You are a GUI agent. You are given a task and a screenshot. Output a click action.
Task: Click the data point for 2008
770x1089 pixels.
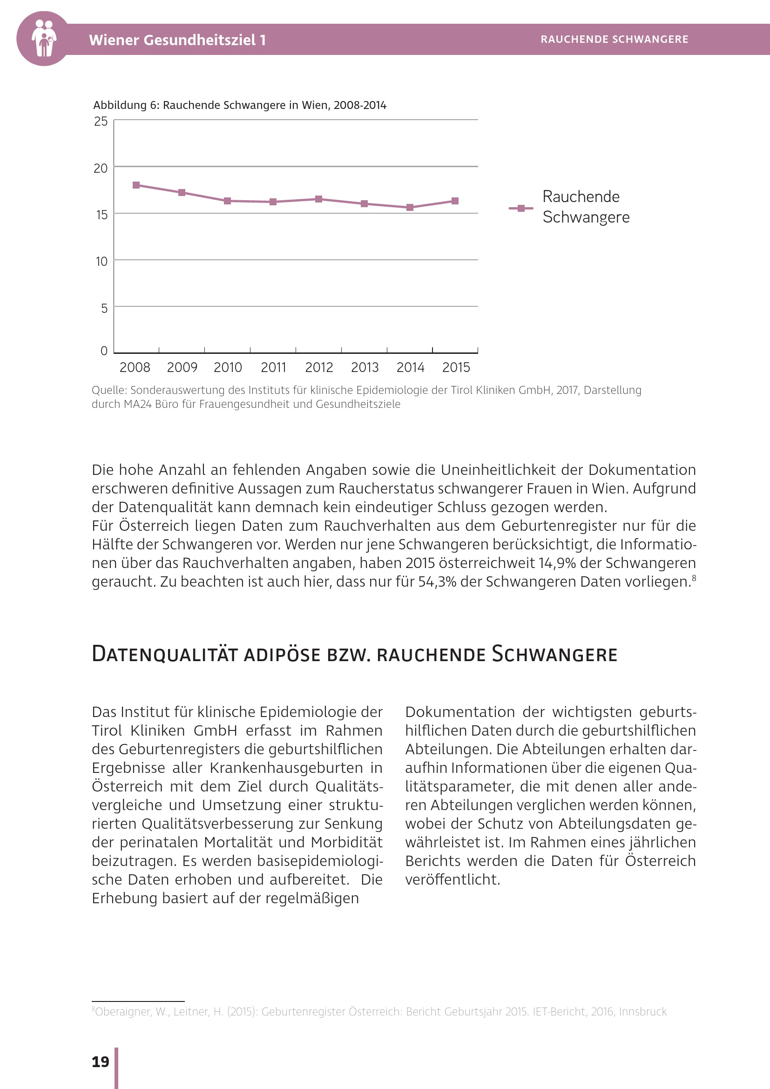pyautogui.click(x=136, y=185)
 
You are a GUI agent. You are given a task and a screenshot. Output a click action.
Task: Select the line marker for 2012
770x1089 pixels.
pyautogui.click(x=318, y=199)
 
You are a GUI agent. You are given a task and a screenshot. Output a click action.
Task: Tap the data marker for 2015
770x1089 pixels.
pyautogui.click(x=455, y=201)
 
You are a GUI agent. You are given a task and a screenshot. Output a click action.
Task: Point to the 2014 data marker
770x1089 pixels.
pyautogui.click(x=410, y=207)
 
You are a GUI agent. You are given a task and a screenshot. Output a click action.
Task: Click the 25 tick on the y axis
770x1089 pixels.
pyautogui.click(x=101, y=122)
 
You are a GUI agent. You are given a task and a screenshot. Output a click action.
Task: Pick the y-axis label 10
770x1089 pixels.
pyautogui.click(x=101, y=261)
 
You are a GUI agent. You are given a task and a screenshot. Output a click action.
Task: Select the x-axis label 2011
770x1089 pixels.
pyautogui.click(x=274, y=367)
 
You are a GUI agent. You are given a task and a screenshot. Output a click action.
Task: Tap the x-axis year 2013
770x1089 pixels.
pyautogui.click(x=365, y=367)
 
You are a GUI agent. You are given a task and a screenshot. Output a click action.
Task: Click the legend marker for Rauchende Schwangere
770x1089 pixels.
pyautogui.click(x=521, y=208)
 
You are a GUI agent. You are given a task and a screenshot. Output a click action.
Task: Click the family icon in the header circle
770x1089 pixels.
pyautogui.click(x=44, y=39)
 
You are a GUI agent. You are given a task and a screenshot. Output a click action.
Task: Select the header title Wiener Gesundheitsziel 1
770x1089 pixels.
pyautogui.click(x=177, y=40)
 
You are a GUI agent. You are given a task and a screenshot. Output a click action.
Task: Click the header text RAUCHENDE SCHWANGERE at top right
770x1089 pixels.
pyautogui.click(x=614, y=40)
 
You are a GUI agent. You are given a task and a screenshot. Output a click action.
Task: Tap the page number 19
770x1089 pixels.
pyautogui.click(x=101, y=1062)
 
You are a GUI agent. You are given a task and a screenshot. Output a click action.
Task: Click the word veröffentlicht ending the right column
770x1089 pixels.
pyautogui.click(x=453, y=879)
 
